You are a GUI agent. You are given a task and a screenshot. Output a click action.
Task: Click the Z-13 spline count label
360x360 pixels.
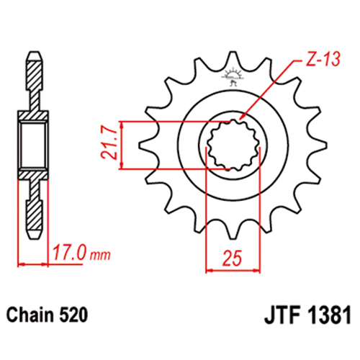323,59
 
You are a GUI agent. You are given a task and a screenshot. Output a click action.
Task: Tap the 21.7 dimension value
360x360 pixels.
109,143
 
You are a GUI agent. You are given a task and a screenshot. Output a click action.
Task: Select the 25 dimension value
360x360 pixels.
233,258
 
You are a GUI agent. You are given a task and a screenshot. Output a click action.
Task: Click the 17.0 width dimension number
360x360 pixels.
69,253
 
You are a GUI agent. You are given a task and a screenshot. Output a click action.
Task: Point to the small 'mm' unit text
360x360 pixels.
100,256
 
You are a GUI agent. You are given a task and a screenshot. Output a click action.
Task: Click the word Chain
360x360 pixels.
30,315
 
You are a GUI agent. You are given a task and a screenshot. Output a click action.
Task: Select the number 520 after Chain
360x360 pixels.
73,315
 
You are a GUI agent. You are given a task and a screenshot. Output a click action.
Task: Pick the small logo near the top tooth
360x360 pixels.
233,77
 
